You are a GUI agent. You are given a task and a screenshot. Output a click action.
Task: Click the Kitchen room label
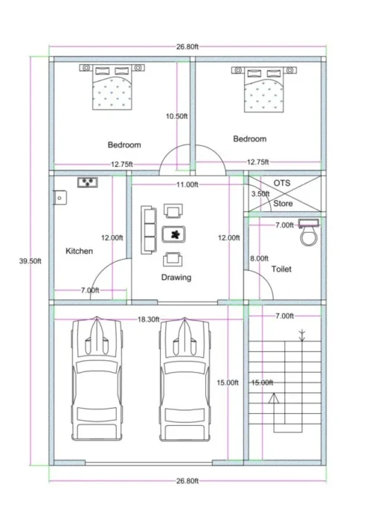click(x=79, y=251)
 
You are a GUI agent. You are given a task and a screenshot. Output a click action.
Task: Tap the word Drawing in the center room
click(x=176, y=278)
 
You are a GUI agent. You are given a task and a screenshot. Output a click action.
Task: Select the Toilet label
click(x=281, y=269)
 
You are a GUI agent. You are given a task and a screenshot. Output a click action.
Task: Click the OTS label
click(x=281, y=182)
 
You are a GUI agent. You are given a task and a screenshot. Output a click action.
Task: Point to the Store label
click(x=283, y=203)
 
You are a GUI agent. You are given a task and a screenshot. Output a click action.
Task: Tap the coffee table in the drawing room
click(x=175, y=234)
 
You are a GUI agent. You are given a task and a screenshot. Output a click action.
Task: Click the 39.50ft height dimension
click(x=30, y=260)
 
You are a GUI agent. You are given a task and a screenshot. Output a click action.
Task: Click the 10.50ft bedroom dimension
click(x=177, y=116)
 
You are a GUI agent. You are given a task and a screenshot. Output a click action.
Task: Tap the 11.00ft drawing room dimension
click(x=187, y=184)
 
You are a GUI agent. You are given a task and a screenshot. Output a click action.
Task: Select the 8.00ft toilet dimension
click(x=259, y=258)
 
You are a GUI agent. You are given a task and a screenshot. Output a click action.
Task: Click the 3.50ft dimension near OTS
click(x=260, y=194)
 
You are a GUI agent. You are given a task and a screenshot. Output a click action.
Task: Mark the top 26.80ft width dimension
click(x=187, y=46)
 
